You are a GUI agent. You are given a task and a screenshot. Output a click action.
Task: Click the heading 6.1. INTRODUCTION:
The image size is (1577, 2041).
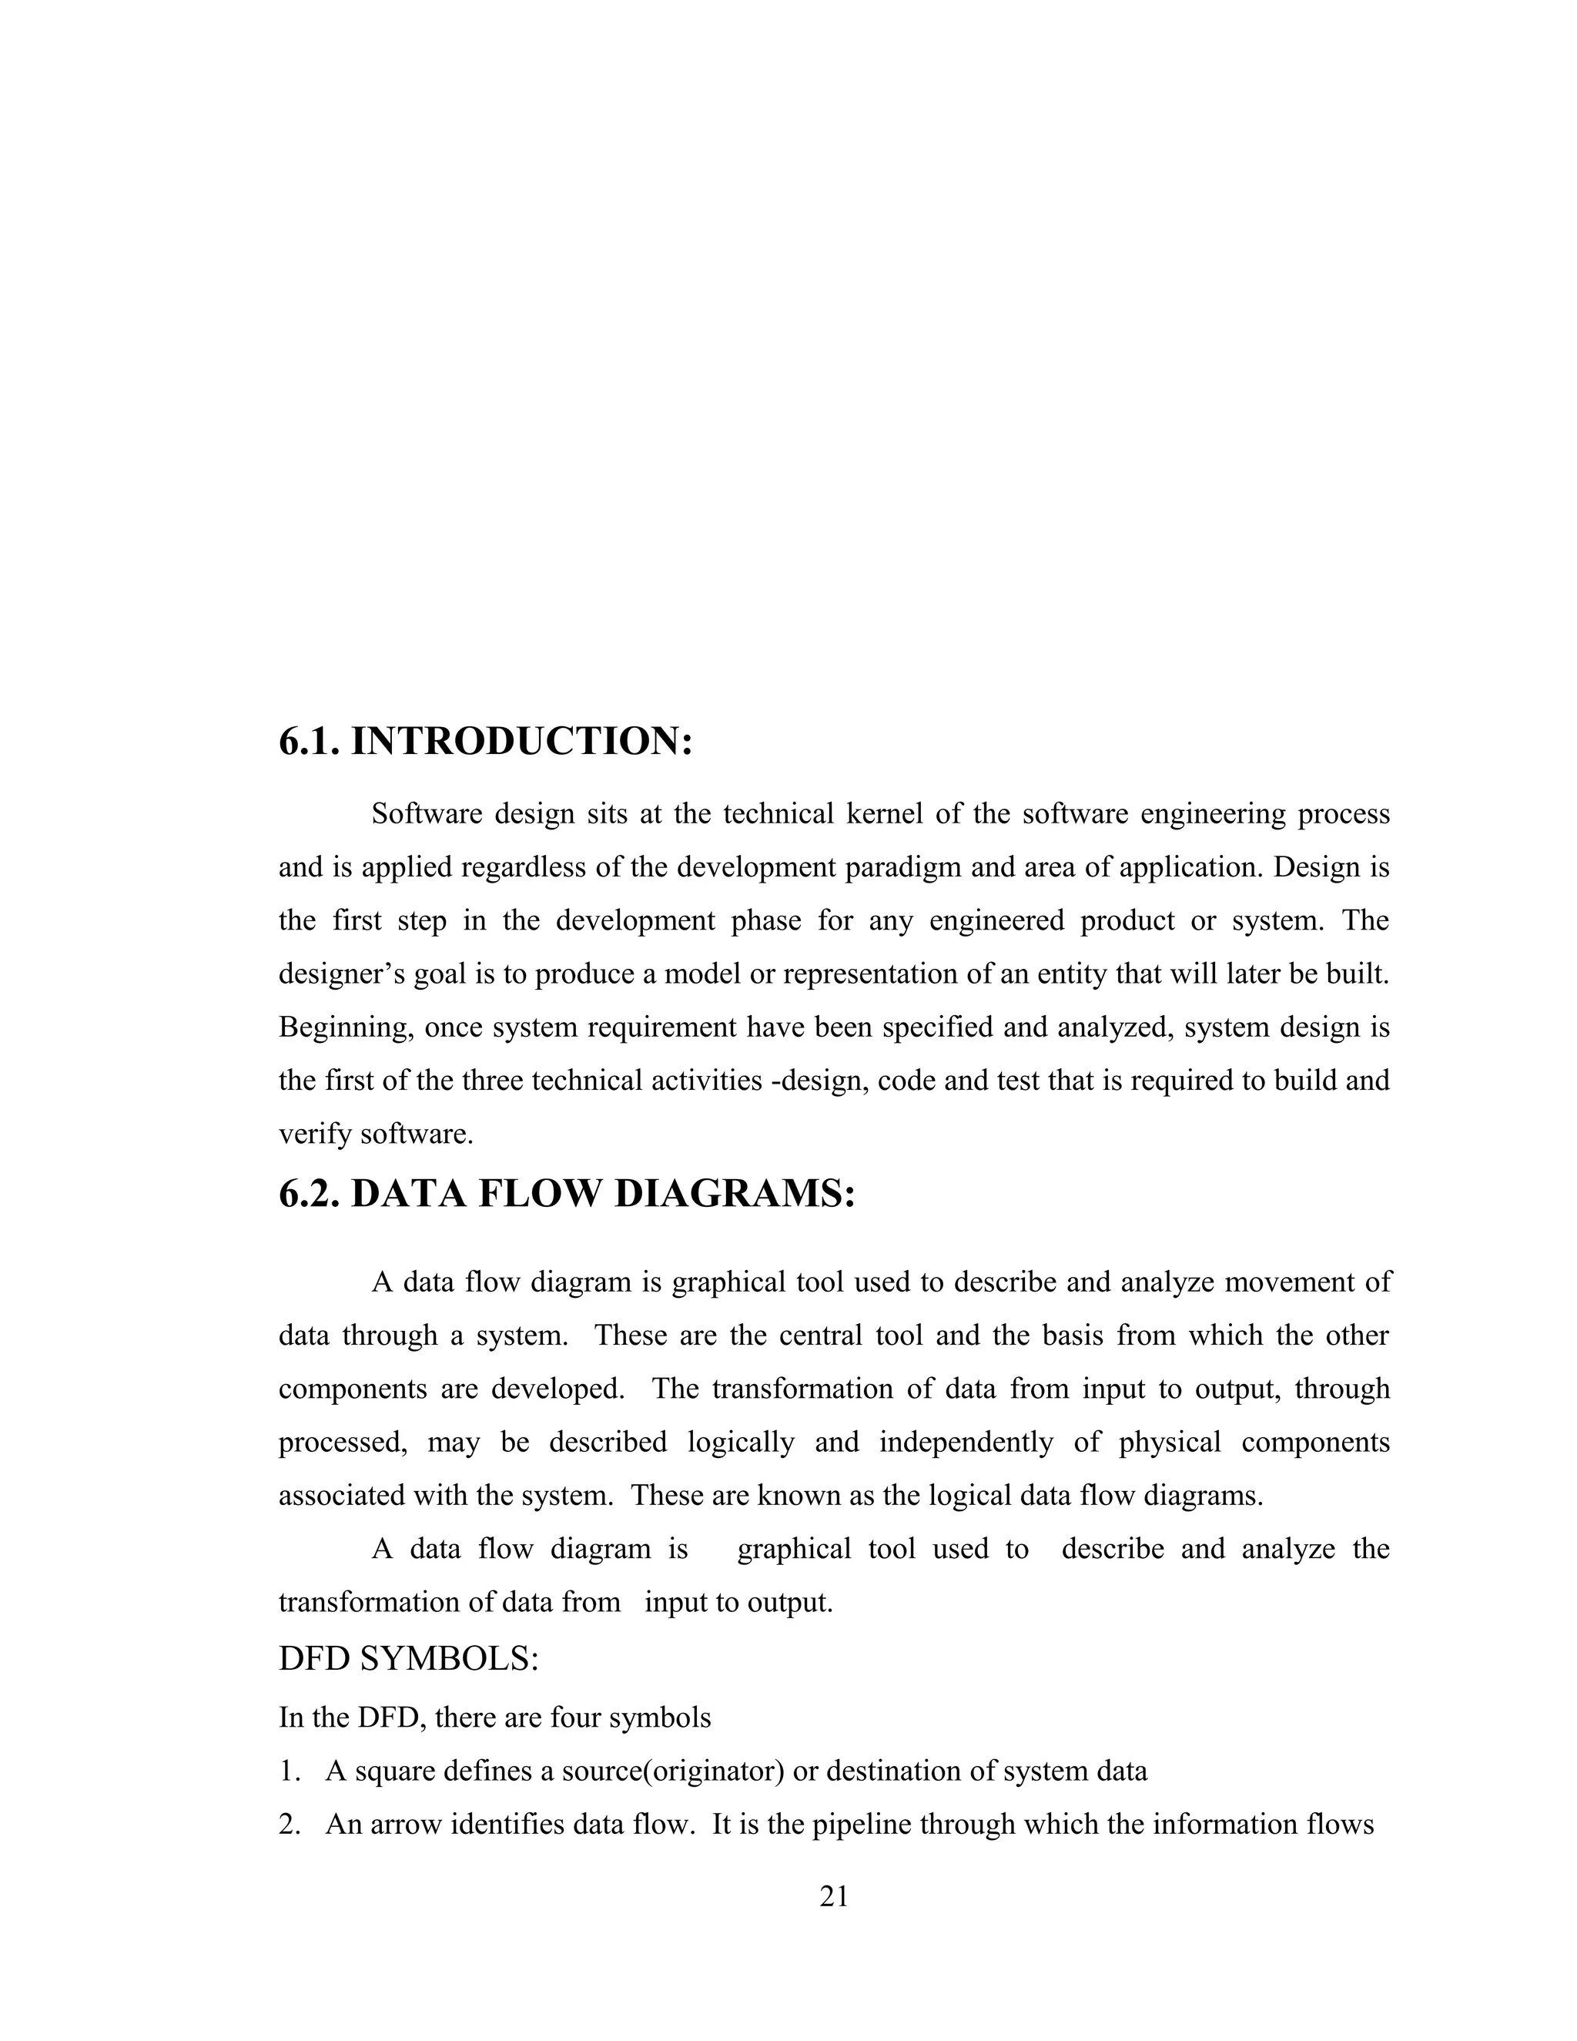[x=486, y=741]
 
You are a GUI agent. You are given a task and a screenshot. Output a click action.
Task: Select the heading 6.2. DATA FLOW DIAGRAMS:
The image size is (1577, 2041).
[x=566, y=1193]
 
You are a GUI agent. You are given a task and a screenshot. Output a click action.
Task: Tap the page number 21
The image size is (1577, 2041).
[x=833, y=1896]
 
